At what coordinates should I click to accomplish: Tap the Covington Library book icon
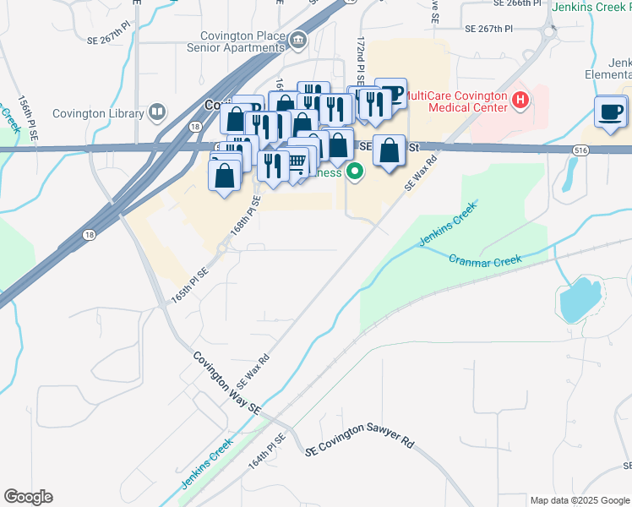pyautogui.click(x=156, y=112)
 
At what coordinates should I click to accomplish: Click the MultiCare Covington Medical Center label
pyautogui.click(x=457, y=101)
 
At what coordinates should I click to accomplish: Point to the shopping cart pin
pyautogui.click(x=297, y=161)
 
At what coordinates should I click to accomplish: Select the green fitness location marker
pyautogui.click(x=355, y=172)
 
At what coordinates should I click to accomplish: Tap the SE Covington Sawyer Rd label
pyautogui.click(x=361, y=444)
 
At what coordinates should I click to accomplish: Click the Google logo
pyautogui.click(x=28, y=497)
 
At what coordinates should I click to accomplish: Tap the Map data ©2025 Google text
pyautogui.click(x=579, y=500)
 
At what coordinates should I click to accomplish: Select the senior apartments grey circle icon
pyautogui.click(x=297, y=41)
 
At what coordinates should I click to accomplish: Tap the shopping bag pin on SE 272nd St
pyautogui.click(x=389, y=152)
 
